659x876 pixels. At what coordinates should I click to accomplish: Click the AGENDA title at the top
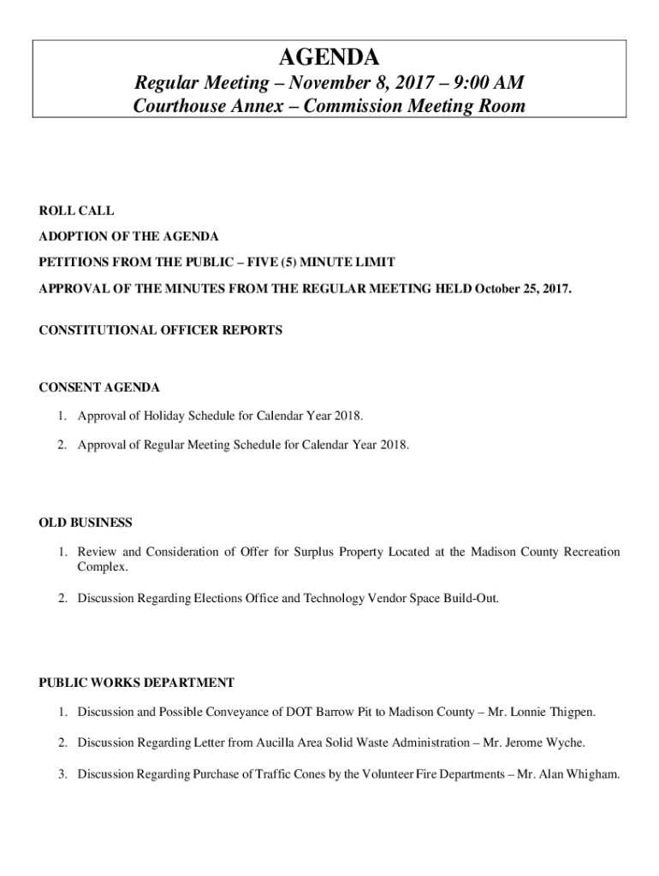329,58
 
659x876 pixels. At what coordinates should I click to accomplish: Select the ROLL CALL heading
76,210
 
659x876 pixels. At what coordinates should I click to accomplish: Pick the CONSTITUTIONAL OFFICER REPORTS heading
160,329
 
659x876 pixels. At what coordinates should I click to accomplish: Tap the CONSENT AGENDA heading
99,388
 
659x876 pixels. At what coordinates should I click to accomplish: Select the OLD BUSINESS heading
86,523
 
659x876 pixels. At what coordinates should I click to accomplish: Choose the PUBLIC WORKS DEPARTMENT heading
136,683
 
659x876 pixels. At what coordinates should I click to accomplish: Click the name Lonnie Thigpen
561,712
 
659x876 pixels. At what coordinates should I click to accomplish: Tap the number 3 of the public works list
62,774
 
